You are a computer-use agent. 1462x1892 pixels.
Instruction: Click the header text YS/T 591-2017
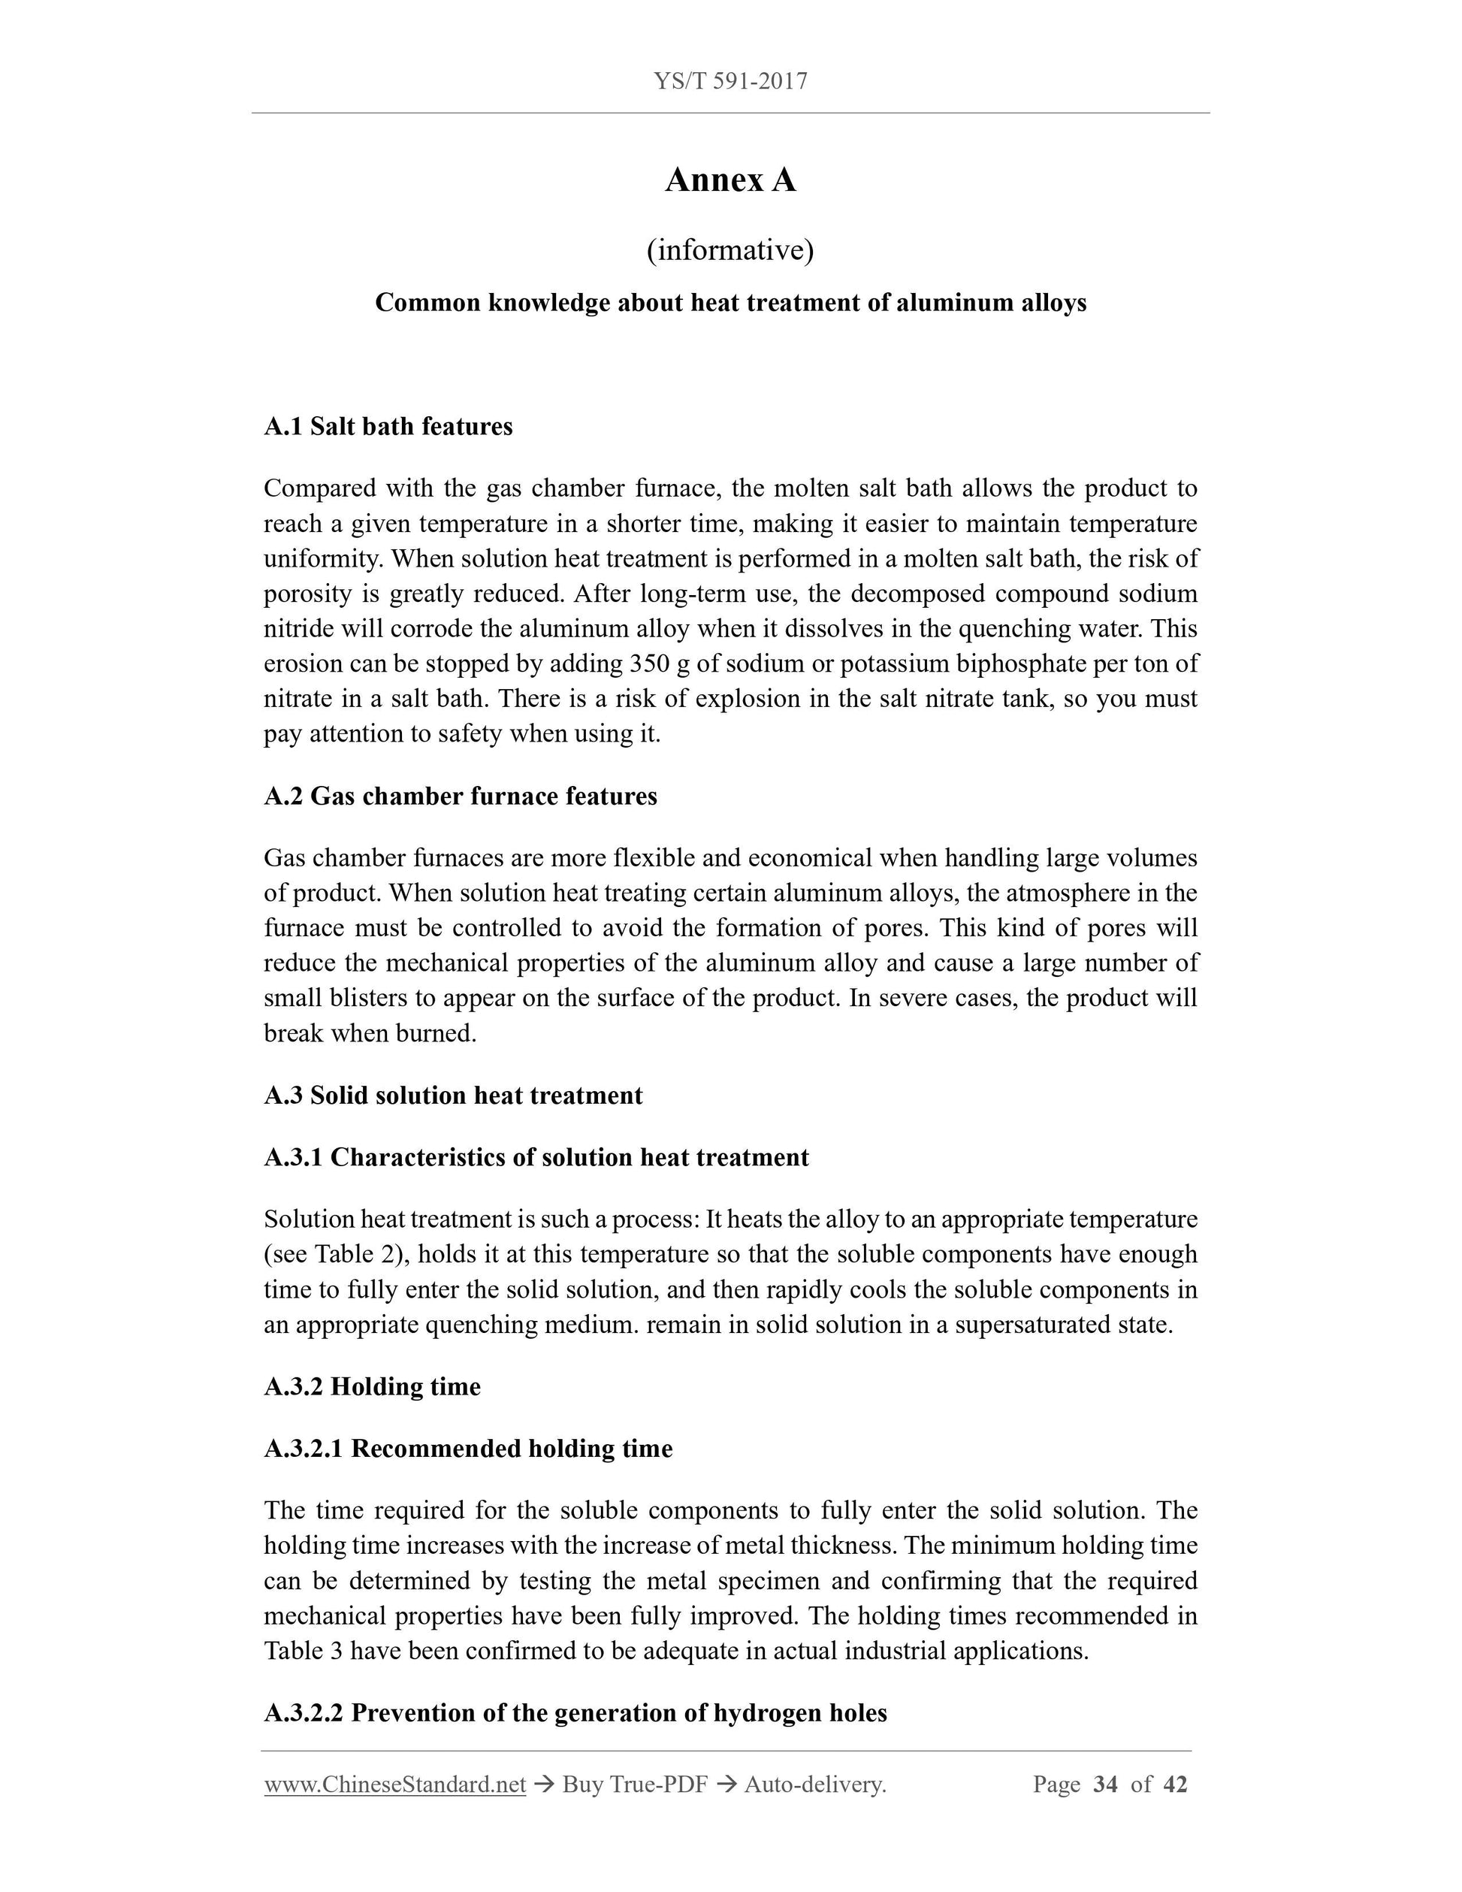click(x=730, y=81)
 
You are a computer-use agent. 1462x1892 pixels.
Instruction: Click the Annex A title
click(x=730, y=180)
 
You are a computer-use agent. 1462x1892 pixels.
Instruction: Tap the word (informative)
click(x=730, y=250)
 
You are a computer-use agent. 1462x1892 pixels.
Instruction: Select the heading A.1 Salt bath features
click(x=388, y=426)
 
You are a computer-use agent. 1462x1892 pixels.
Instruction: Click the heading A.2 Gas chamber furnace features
click(x=460, y=796)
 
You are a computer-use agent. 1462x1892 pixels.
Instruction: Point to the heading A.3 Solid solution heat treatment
click(x=453, y=1095)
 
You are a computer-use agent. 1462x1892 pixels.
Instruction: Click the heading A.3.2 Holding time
click(x=372, y=1386)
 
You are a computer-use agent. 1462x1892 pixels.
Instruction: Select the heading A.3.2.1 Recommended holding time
click(x=468, y=1449)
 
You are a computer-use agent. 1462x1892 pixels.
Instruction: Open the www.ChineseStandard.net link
click(x=395, y=1785)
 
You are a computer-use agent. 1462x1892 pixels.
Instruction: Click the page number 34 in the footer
click(x=1105, y=1785)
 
